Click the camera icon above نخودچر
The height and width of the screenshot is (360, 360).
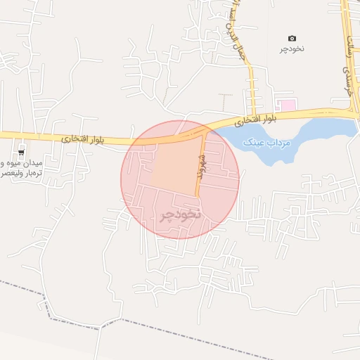(292, 38)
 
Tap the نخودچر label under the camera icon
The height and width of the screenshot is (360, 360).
(292, 49)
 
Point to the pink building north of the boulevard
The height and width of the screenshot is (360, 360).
(288, 105)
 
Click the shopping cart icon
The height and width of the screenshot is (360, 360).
(21, 151)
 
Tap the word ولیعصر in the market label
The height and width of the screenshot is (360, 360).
(11, 172)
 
